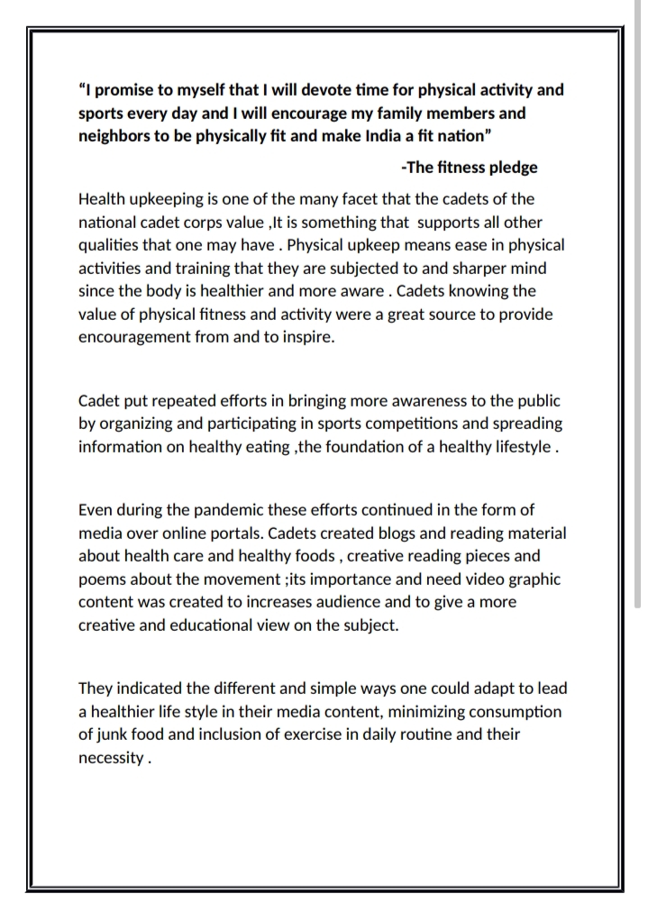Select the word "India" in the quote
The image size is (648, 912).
pyautogui.click(x=366, y=136)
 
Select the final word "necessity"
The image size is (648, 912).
pyautogui.click(x=110, y=758)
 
